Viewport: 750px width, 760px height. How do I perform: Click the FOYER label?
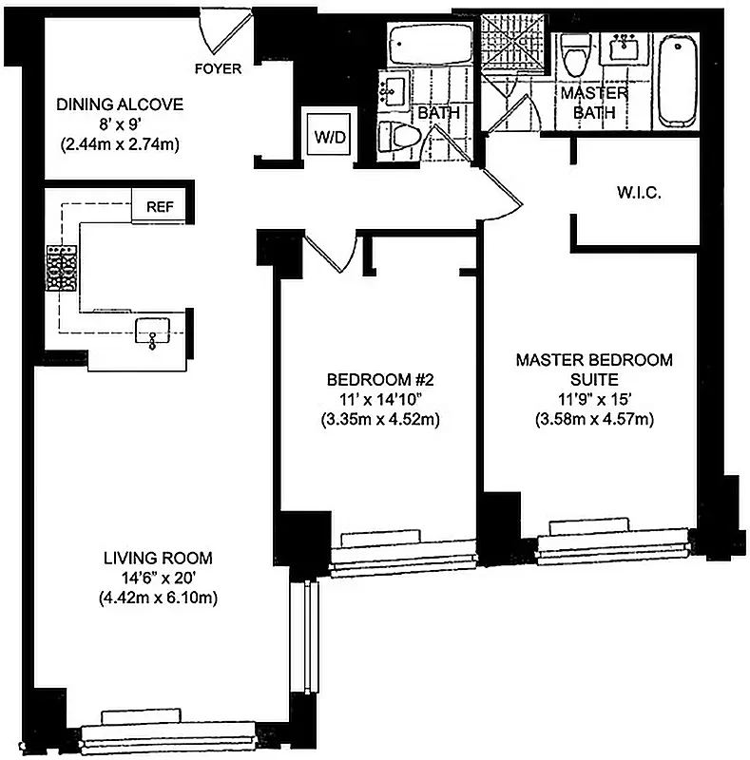[218, 68]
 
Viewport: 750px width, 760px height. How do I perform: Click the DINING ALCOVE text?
[119, 104]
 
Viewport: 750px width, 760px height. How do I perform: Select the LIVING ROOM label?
[157, 558]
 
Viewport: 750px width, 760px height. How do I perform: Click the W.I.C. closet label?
[638, 193]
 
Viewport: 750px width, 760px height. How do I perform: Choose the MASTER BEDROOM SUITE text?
[594, 370]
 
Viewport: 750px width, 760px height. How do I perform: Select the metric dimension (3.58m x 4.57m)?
[594, 419]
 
